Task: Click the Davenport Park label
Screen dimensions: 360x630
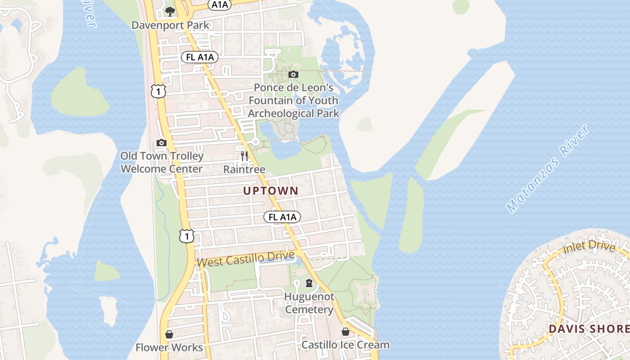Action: (170, 25)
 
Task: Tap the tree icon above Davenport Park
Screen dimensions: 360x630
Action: (170, 12)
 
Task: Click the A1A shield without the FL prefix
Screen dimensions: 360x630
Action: (219, 4)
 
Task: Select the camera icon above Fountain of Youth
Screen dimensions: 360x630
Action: (293, 74)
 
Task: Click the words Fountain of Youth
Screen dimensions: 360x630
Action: (293, 100)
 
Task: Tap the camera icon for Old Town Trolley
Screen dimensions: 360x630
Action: (162, 143)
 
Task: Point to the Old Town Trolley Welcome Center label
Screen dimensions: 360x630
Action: (162, 162)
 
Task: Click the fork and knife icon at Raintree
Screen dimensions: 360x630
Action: (244, 156)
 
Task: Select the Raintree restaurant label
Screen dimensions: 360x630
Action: (244, 169)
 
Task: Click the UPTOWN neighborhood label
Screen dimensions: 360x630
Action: (271, 191)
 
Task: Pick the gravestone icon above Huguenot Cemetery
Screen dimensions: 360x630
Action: (309, 283)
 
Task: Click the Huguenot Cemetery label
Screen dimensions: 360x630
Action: (309, 303)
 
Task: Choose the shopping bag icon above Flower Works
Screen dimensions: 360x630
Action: (169, 334)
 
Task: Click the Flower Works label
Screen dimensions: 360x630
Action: (169, 347)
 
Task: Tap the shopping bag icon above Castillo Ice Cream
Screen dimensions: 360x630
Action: (346, 332)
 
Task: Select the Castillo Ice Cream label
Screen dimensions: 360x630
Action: (345, 345)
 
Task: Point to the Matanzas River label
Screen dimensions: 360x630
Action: (548, 169)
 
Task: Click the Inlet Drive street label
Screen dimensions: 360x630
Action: (589, 247)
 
